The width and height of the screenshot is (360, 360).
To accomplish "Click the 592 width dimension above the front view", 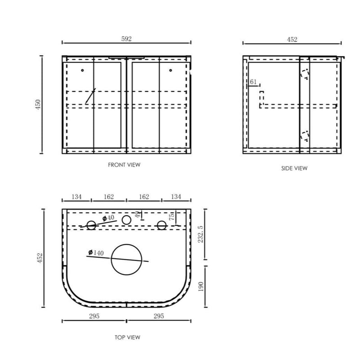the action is point(126,39).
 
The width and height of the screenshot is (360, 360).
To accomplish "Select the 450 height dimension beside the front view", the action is point(38,104).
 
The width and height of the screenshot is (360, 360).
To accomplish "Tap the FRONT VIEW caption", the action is point(124,165).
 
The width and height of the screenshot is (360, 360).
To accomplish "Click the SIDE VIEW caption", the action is point(294,168).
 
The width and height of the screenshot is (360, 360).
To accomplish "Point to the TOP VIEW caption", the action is point(127,337).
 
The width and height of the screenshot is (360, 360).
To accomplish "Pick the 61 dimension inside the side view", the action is point(253,82).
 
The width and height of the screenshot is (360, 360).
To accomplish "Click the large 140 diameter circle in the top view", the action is point(126,244).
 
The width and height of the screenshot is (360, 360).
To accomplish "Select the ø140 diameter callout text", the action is point(96,253).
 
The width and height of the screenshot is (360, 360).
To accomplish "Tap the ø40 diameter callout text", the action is point(108,218).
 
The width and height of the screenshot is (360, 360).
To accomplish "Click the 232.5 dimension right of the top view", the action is point(200,234).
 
